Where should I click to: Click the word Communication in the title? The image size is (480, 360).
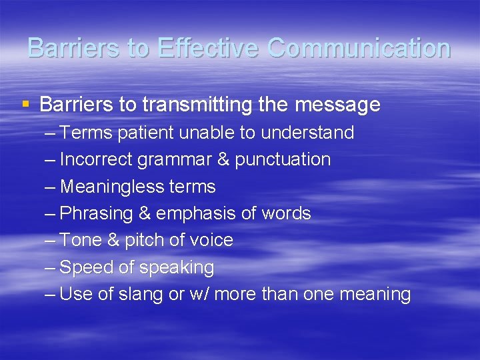click(359, 49)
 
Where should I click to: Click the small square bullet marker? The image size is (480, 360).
click(25, 104)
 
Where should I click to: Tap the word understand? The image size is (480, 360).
click(307, 133)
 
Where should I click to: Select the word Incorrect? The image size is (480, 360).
click(92, 159)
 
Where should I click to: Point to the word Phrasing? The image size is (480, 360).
click(96, 213)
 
